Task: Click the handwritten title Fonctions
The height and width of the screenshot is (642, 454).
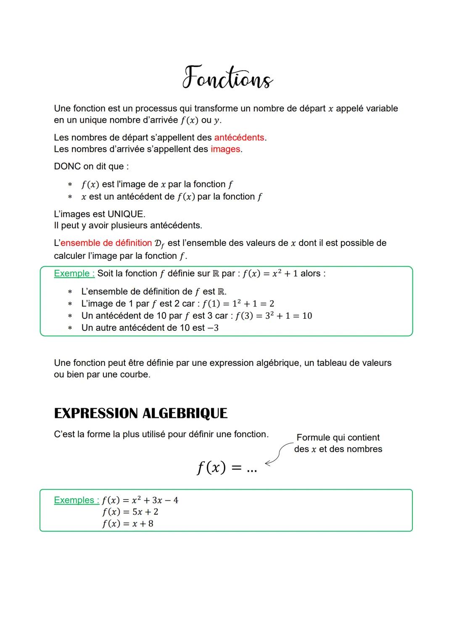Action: (x=227, y=78)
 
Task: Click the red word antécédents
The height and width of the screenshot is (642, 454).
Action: (x=239, y=137)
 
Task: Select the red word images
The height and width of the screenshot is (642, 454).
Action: (x=225, y=149)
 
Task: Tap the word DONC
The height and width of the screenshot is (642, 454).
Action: (x=67, y=166)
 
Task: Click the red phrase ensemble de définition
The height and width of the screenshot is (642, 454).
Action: (x=106, y=243)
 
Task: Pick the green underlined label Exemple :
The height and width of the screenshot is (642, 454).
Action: (x=74, y=273)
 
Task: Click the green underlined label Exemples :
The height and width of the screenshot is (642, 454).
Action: (x=76, y=500)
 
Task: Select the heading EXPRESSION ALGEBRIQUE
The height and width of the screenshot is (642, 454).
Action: (x=140, y=413)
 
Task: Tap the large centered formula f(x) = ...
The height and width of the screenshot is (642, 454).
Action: (x=227, y=467)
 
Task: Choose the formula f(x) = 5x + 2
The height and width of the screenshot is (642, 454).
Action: (x=130, y=512)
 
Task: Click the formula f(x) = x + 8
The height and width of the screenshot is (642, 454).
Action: (x=128, y=523)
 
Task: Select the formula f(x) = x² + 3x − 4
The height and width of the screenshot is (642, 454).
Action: (x=140, y=500)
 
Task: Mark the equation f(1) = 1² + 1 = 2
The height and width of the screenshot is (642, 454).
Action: (x=238, y=304)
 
